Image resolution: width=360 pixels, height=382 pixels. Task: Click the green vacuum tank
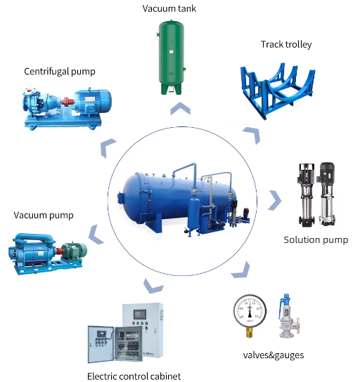point(171,58)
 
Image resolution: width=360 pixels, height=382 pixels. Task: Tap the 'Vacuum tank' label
point(169,8)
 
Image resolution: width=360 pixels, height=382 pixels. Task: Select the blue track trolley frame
point(277,91)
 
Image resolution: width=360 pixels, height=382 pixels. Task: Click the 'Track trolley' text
point(286,44)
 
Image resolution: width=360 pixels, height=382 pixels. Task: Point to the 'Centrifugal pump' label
point(60,72)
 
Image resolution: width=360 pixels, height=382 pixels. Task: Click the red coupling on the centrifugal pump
point(66,101)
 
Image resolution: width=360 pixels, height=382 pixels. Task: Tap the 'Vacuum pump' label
point(44,216)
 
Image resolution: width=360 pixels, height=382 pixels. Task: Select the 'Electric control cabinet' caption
point(134,376)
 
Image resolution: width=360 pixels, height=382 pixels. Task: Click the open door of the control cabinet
point(101,344)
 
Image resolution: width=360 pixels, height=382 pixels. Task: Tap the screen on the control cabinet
point(140,315)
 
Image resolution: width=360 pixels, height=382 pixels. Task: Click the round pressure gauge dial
point(250,311)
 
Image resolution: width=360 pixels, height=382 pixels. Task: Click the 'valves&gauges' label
point(274,355)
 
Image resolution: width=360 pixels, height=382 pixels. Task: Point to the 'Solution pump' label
point(316,240)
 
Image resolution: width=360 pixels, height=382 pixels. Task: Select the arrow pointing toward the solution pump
point(275,200)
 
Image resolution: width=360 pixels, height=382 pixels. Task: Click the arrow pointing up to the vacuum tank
point(180,108)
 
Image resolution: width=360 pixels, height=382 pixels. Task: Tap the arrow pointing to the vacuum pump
point(96,235)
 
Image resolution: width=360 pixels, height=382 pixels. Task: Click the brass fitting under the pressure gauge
point(250,332)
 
